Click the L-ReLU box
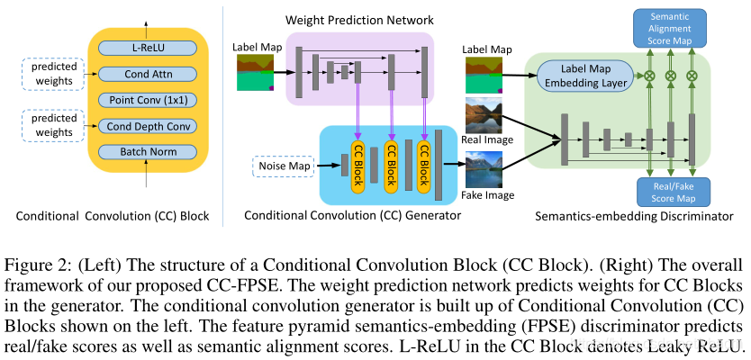click(x=147, y=48)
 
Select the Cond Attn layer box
click(x=147, y=74)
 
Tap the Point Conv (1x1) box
click(x=147, y=100)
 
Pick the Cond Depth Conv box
click(x=147, y=126)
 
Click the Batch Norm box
click(x=147, y=152)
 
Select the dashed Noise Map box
click(x=282, y=166)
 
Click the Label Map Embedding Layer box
click(x=584, y=76)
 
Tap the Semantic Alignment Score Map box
click(x=670, y=28)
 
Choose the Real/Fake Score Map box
click(x=674, y=192)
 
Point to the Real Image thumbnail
click(x=484, y=115)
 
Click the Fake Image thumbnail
click(x=484, y=169)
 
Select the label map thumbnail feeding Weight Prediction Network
click(x=255, y=72)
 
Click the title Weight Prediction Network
click(x=359, y=20)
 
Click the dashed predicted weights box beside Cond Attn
click(x=53, y=74)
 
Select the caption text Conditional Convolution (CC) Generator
click(x=352, y=215)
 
